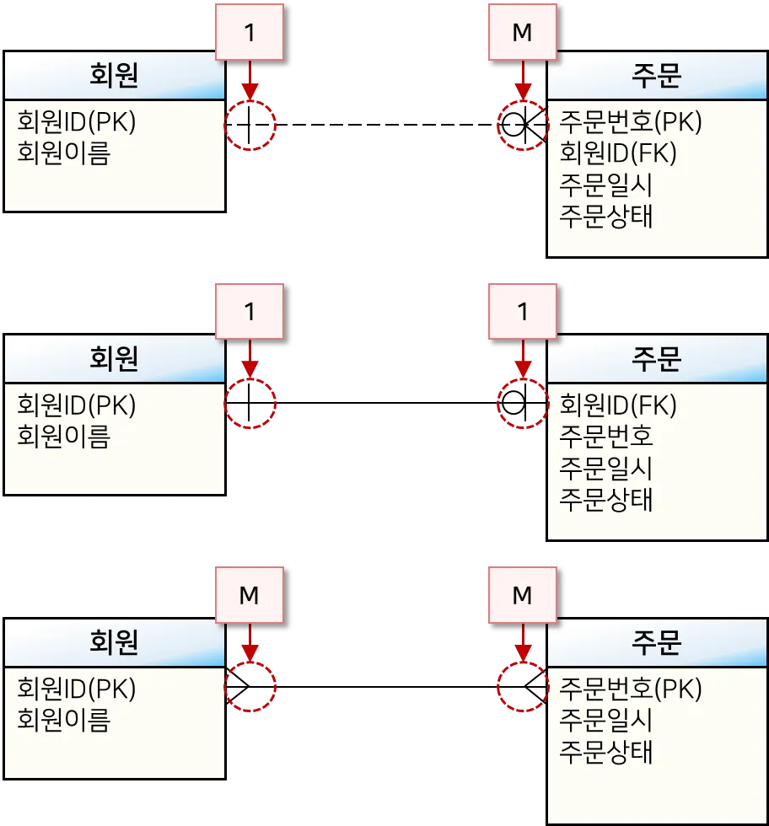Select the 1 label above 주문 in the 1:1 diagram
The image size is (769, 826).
click(x=522, y=312)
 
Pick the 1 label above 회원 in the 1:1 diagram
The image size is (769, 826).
click(x=250, y=312)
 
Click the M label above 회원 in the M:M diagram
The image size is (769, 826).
click(x=250, y=595)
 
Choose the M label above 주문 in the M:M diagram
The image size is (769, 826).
click(x=522, y=595)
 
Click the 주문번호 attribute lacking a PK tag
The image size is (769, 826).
click(x=606, y=437)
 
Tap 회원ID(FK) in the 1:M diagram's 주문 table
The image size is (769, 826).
click(x=618, y=153)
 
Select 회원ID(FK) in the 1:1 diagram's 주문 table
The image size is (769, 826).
click(x=618, y=405)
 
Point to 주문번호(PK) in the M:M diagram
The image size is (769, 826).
click(x=630, y=689)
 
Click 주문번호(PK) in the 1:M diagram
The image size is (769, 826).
click(x=630, y=122)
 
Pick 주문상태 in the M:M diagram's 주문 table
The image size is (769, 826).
click(x=606, y=752)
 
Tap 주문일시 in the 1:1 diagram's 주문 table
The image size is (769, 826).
click(x=606, y=468)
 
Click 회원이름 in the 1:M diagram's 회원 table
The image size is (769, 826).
click(x=64, y=153)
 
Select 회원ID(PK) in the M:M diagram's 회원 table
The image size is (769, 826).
click(x=77, y=689)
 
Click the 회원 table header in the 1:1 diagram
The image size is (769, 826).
click(x=114, y=360)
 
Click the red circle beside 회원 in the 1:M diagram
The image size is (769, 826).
click(x=250, y=125)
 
